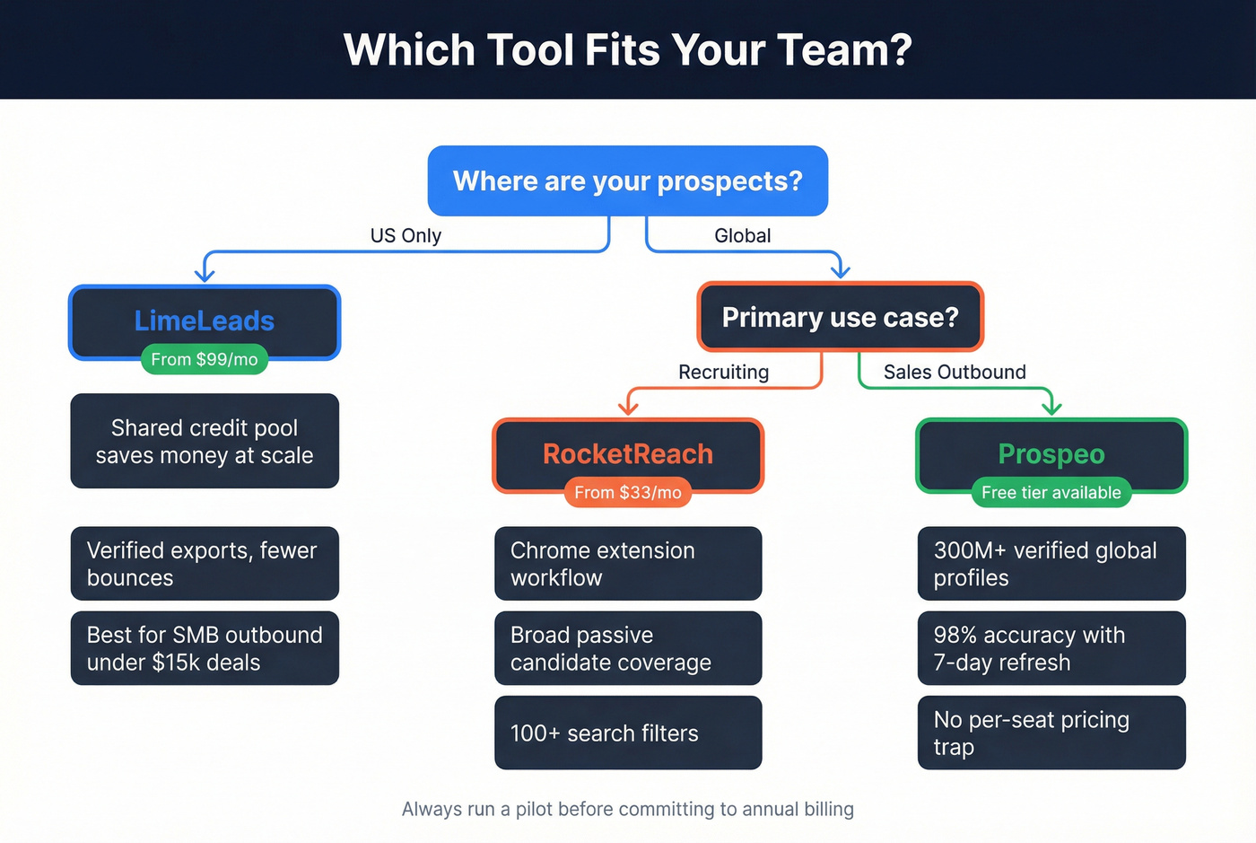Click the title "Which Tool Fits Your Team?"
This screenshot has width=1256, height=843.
click(x=627, y=49)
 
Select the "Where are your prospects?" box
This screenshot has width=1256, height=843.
click(x=627, y=180)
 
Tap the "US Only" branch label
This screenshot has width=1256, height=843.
click(x=406, y=235)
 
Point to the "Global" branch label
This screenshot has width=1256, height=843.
click(x=742, y=235)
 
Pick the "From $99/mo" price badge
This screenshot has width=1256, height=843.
click(x=205, y=359)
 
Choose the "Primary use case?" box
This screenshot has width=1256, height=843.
click(x=840, y=317)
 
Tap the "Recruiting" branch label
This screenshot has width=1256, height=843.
click(x=723, y=372)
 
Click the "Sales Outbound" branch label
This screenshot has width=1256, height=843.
click(x=954, y=372)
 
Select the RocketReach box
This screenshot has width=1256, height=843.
click(x=627, y=452)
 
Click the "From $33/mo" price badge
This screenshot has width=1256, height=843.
click(x=627, y=492)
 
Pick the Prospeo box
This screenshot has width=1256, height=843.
click(x=1051, y=452)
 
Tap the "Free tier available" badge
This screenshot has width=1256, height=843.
click(x=1051, y=492)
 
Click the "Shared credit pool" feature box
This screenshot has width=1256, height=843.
click(x=205, y=441)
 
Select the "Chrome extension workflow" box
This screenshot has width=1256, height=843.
click(x=627, y=563)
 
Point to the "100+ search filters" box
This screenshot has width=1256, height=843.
click(x=627, y=733)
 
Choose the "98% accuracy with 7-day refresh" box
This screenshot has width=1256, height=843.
click(x=1051, y=648)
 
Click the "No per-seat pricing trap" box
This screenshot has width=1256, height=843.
click(x=1051, y=733)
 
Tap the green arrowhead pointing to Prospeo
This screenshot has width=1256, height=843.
click(x=1051, y=408)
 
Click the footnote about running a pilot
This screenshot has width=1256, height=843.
click(x=627, y=809)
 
